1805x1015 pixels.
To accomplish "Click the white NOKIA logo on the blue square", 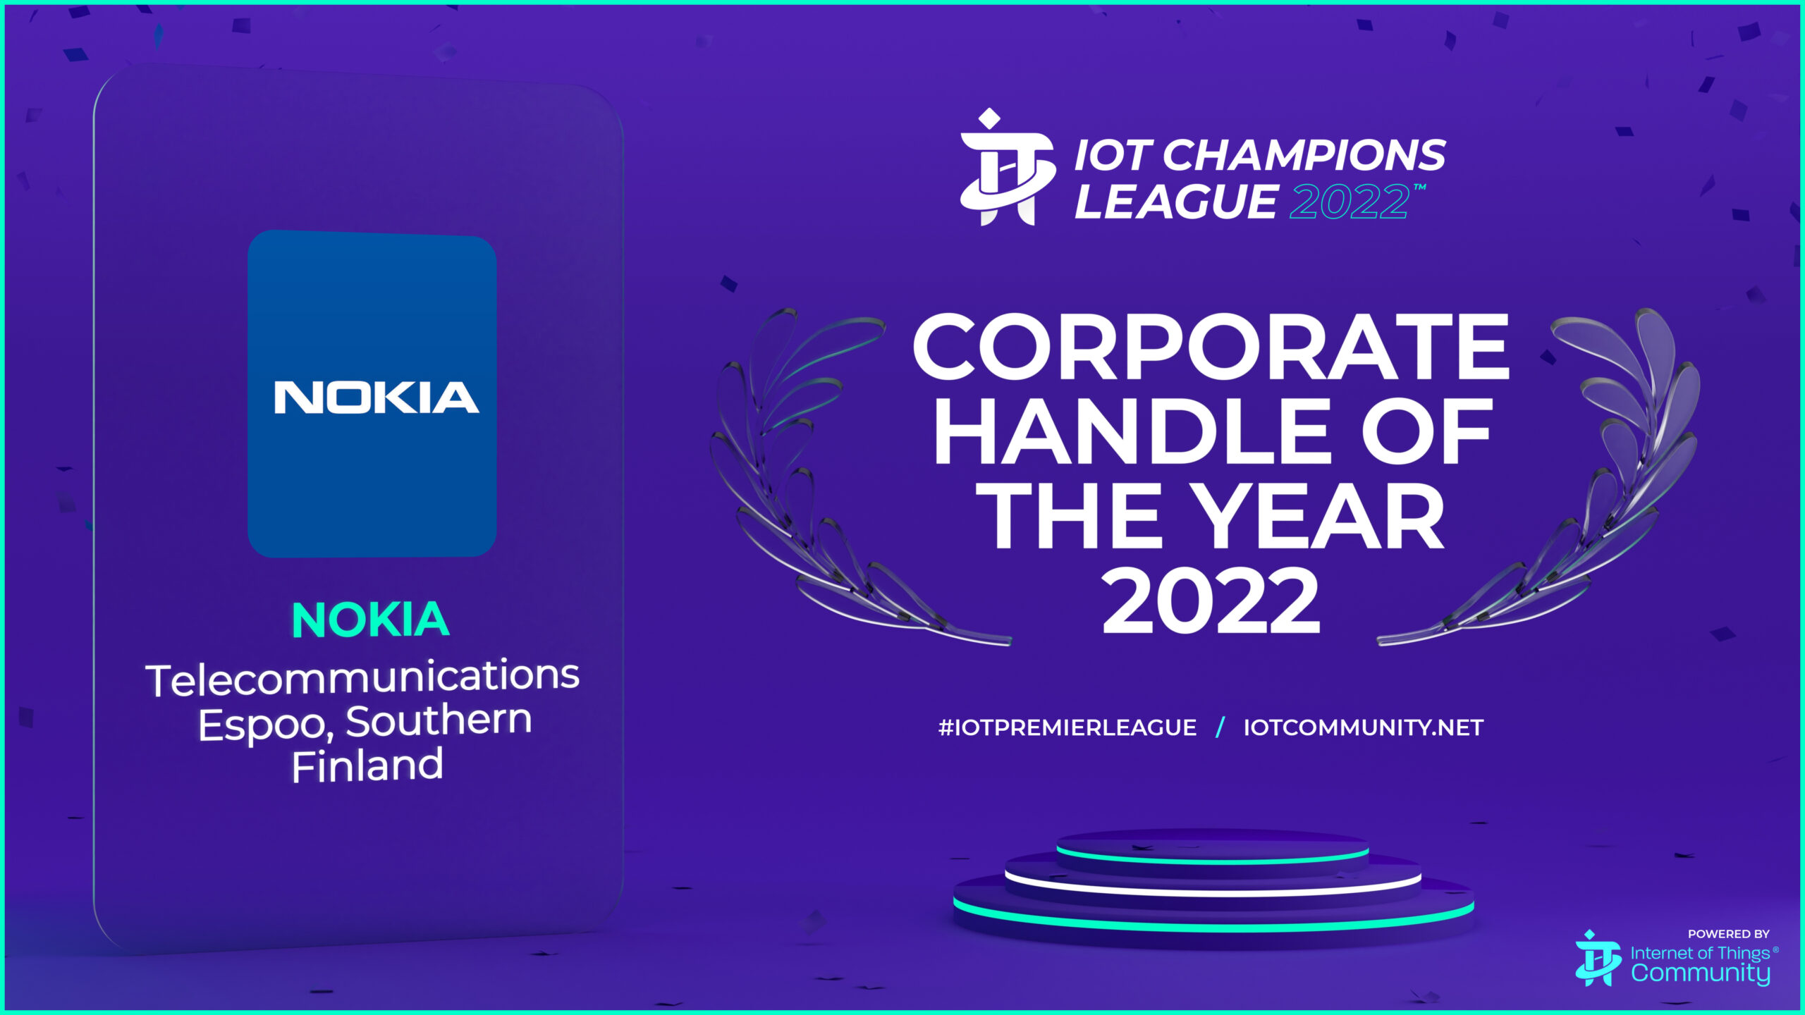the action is (377, 397).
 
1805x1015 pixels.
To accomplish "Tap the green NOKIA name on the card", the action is (370, 620).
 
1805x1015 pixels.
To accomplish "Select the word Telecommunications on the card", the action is (362, 677).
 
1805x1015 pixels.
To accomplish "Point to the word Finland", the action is (367, 765).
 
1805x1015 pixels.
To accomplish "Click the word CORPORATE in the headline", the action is (1211, 347).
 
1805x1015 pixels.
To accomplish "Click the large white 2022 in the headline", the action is (1210, 601).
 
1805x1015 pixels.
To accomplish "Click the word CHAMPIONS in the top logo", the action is (1304, 155).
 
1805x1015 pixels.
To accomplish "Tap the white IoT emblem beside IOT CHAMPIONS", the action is (1007, 167).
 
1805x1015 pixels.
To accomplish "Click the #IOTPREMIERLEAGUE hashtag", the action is (1067, 727).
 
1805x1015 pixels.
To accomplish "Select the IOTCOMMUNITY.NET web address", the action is (1364, 727).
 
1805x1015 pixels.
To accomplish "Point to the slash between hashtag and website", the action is (1220, 727).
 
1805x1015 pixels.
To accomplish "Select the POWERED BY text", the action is (1728, 934).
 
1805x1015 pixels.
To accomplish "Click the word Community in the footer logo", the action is (1700, 973).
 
